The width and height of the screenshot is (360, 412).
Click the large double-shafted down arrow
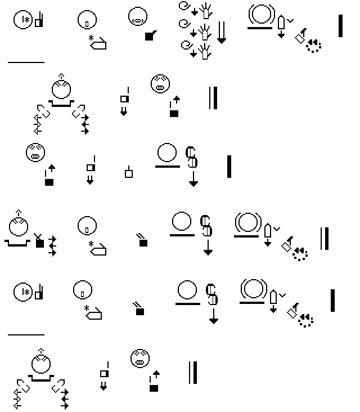click(x=222, y=32)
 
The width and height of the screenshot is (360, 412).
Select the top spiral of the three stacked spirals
click(x=184, y=6)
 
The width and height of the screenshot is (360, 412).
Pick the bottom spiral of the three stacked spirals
click(x=186, y=45)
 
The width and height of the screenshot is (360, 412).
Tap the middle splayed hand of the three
click(x=205, y=32)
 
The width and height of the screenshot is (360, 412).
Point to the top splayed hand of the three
click(x=206, y=11)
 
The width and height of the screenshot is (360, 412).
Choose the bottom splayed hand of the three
click(x=205, y=52)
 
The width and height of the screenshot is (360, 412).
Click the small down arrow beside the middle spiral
click(x=193, y=33)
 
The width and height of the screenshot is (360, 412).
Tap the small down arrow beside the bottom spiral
click(x=193, y=53)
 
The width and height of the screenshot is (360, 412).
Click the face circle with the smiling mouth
click(x=138, y=16)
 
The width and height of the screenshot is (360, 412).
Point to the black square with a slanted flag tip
click(x=150, y=35)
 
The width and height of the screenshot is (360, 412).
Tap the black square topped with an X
click(x=39, y=241)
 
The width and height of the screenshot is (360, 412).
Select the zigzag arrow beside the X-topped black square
click(x=52, y=246)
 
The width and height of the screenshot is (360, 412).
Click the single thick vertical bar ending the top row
click(x=340, y=26)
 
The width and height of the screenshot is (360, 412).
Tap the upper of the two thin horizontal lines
click(x=26, y=62)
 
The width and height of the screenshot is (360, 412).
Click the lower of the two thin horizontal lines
click(x=26, y=335)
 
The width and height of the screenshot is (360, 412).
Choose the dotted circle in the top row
click(x=313, y=46)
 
